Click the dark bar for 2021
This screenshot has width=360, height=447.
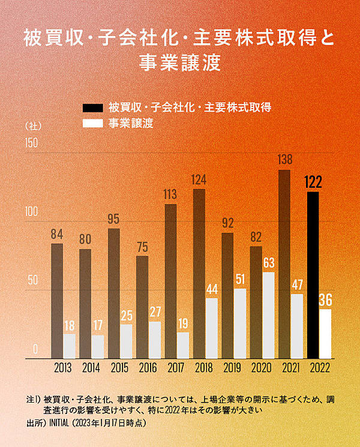[284, 264]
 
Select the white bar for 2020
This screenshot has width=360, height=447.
[268, 316]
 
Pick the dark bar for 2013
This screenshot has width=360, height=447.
[57, 301]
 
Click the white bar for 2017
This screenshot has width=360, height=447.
[183, 345]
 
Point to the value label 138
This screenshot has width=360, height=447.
[285, 160]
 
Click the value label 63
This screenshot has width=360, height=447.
[268, 262]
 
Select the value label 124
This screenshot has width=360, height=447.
[199, 179]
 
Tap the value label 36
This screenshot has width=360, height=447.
[325, 299]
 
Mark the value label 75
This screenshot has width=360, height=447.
[142, 247]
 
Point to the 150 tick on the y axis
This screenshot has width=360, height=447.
[31, 143]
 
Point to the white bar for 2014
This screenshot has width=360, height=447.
[98, 347]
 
